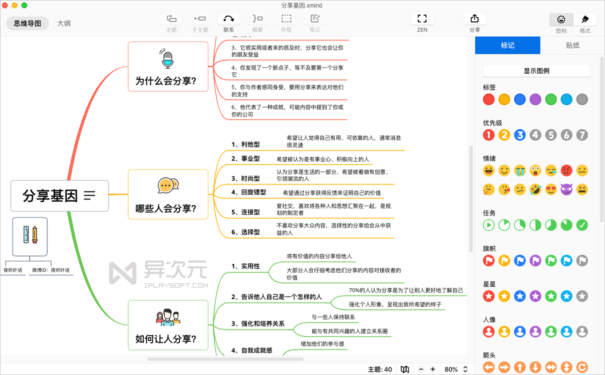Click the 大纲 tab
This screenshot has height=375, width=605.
coord(64,24)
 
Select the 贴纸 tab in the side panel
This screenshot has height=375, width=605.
coord(573,45)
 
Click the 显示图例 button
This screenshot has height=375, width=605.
coord(536,71)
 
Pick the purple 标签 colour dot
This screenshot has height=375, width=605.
coord(536,99)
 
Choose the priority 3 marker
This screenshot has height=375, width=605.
coord(520,135)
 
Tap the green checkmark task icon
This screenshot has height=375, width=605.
coord(582,225)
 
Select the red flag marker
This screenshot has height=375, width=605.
coord(489,261)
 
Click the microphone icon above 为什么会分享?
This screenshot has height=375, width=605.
coord(167,59)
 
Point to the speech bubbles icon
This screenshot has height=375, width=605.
coord(168,185)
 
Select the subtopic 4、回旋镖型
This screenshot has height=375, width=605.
coord(248,192)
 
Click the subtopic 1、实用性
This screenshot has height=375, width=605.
coord(245,266)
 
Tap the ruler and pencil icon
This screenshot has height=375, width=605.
coord(30,235)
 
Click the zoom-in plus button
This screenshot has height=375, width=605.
coord(433,369)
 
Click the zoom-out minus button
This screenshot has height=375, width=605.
coord(421,369)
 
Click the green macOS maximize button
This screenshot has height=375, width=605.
coord(24,5)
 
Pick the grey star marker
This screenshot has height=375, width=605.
coord(582,296)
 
